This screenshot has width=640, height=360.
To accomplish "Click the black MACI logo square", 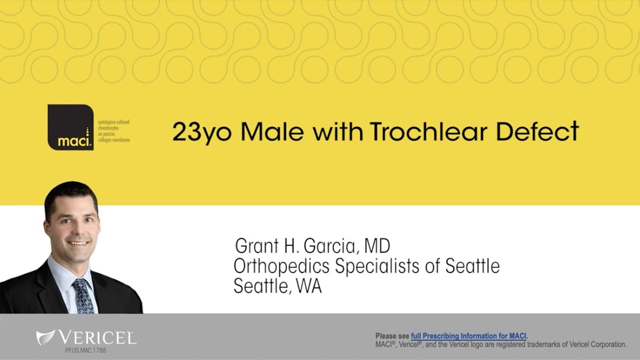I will click(70, 127).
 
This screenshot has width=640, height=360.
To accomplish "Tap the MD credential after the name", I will click(377, 246).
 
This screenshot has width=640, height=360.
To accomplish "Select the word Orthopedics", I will click(281, 266).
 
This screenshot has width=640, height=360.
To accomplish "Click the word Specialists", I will click(376, 266).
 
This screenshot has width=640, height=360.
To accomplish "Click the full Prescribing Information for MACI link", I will click(468, 336).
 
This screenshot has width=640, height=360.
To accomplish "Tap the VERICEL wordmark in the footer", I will click(97, 337).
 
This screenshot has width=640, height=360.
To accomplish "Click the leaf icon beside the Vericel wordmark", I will click(45, 337).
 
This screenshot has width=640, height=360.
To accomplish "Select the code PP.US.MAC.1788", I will click(85, 350).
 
